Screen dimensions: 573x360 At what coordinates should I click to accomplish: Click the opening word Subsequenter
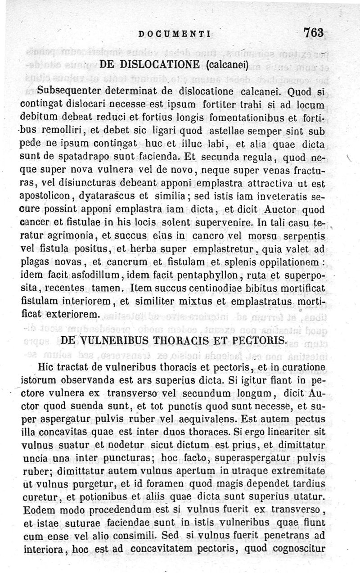66,93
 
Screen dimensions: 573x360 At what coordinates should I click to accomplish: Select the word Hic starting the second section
47,366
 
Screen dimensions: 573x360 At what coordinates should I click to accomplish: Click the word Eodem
38,522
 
